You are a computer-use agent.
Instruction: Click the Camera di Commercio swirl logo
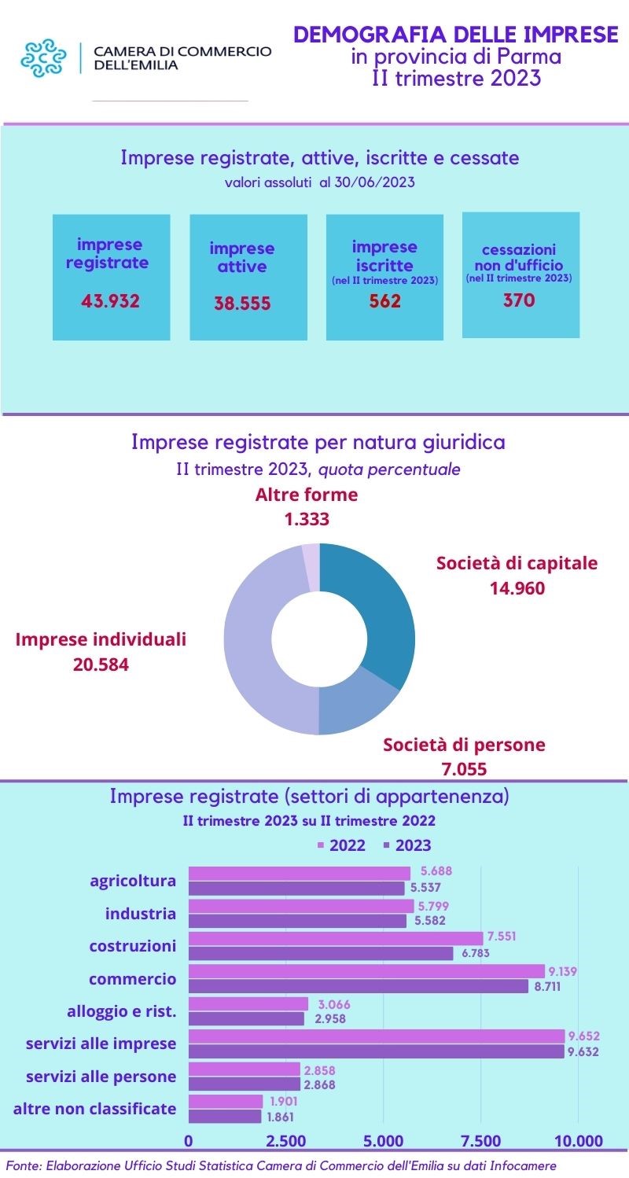(44, 58)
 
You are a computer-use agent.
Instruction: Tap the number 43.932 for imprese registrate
(111, 301)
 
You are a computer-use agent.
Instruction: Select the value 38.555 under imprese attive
(242, 304)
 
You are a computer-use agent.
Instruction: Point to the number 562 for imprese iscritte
(385, 301)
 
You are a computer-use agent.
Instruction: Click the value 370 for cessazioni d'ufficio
(519, 300)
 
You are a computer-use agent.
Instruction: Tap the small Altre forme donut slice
(311, 566)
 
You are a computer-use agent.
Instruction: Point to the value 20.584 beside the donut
(100, 665)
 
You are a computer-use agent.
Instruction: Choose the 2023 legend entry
(407, 845)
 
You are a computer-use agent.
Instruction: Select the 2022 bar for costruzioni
(336, 938)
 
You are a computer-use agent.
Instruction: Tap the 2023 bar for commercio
(359, 986)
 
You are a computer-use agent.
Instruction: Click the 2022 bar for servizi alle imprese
(377, 1036)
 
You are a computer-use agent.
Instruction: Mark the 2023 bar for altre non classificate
(225, 1117)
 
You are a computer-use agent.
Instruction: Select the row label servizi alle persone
(101, 1076)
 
